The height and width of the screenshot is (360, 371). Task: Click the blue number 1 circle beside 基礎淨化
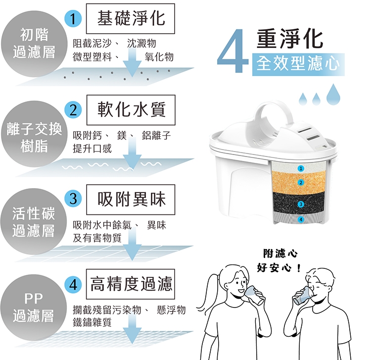pyautogui.click(x=73, y=18)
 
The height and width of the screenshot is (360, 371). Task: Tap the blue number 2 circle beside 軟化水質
pyautogui.click(x=73, y=109)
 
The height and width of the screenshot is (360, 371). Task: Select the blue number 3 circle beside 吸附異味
pyautogui.click(x=73, y=199)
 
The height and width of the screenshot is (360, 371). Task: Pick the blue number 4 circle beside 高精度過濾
pyautogui.click(x=73, y=284)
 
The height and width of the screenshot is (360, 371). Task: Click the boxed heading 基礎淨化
pyautogui.click(x=131, y=18)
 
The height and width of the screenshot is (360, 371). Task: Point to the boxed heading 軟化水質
pyautogui.click(x=131, y=110)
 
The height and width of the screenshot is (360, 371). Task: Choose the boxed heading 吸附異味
pyautogui.click(x=131, y=200)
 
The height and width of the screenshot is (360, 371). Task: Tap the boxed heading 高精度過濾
pyautogui.click(x=131, y=284)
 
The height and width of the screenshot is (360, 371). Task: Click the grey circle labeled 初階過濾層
pyautogui.click(x=34, y=44)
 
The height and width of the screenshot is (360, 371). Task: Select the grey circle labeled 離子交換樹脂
pyautogui.click(x=34, y=134)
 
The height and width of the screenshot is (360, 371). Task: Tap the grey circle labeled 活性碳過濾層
pyautogui.click(x=33, y=221)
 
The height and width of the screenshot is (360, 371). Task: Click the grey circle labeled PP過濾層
pyautogui.click(x=33, y=308)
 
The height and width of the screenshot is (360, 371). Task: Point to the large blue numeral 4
pyautogui.click(x=233, y=51)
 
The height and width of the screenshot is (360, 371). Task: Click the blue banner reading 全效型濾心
pyautogui.click(x=298, y=64)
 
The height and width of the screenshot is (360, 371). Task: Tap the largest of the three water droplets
pyautogui.click(x=333, y=94)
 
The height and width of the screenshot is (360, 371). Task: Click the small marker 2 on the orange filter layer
pyautogui.click(x=301, y=182)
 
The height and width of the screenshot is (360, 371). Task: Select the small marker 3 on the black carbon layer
pyautogui.click(x=301, y=204)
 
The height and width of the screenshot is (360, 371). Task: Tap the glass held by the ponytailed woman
pyautogui.click(x=254, y=295)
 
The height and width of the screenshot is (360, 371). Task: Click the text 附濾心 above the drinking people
pyautogui.click(x=280, y=254)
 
